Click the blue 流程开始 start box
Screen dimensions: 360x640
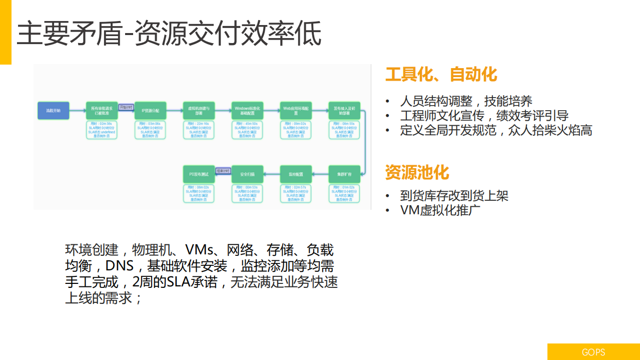point(53,110)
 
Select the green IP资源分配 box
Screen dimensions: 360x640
point(150,110)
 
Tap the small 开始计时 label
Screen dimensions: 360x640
point(126,107)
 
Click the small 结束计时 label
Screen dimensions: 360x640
point(223,171)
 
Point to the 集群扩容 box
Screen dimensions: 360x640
point(344,174)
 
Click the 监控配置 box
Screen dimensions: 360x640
point(296,174)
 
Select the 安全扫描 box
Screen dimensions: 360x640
point(247,174)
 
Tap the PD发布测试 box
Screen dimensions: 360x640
point(199,174)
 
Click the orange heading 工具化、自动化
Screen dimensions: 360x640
point(441,75)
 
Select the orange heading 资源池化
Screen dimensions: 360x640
point(417,172)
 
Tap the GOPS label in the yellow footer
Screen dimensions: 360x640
point(593,352)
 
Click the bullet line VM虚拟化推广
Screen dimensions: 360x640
point(440,210)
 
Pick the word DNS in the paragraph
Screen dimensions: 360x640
point(119,265)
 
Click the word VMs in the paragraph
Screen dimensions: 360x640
point(200,249)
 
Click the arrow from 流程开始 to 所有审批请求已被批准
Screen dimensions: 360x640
point(77,110)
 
